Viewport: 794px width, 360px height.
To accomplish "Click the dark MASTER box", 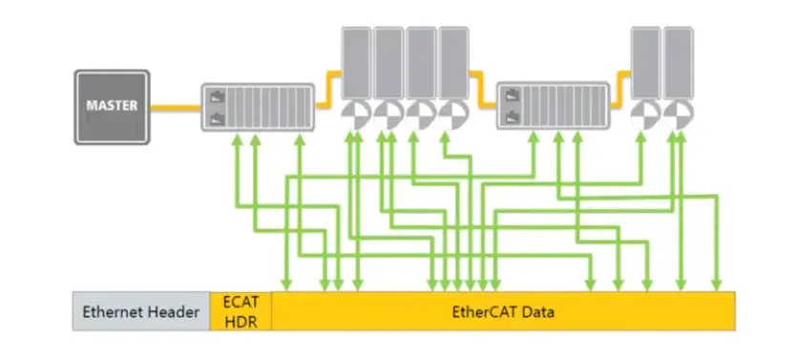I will pyautogui.click(x=111, y=106).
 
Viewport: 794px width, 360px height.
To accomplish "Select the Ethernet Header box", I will pyautogui.click(x=141, y=311).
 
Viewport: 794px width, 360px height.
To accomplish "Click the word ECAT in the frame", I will pyautogui.click(x=240, y=302).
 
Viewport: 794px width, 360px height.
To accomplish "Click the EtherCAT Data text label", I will pyautogui.click(x=503, y=311).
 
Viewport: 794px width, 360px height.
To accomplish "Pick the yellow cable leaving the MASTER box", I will pyautogui.click(x=175, y=106).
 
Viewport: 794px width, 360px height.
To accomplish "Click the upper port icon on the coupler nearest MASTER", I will pyautogui.click(x=216, y=95).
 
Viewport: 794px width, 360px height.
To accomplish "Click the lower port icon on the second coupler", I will pyautogui.click(x=514, y=116).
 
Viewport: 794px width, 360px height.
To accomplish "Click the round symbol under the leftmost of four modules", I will pyautogui.click(x=356, y=114).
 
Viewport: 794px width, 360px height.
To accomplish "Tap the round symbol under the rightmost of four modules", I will pyautogui.click(x=452, y=114).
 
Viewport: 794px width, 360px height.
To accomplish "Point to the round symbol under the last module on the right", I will pyautogui.click(x=678, y=114).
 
